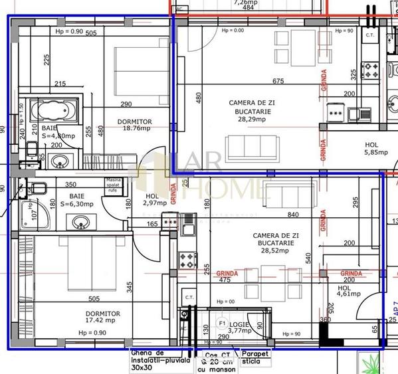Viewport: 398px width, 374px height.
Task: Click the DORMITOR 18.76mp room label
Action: tap(134, 126)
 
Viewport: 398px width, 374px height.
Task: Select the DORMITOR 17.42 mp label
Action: tap(102, 317)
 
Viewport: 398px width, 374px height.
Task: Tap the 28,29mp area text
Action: tap(251, 120)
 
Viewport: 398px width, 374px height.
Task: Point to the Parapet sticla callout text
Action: tap(254, 357)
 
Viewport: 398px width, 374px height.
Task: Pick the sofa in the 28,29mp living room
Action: tap(251, 145)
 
